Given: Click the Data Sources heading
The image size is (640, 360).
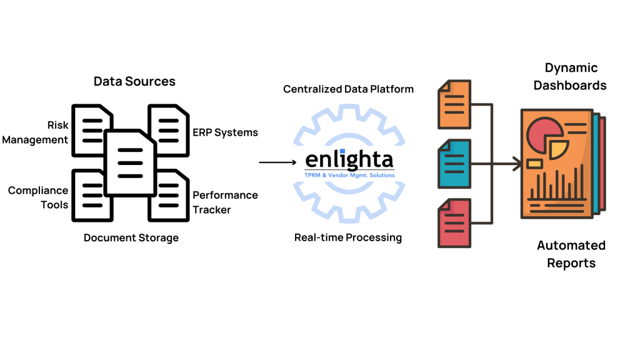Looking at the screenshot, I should [x=134, y=81].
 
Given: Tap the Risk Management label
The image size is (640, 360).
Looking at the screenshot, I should [x=36, y=132].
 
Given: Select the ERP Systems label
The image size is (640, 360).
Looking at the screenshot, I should [x=225, y=132].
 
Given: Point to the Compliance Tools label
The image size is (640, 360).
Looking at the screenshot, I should [x=37, y=197].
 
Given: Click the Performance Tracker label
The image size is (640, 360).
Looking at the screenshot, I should [x=225, y=202].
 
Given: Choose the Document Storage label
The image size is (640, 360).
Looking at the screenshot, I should [x=131, y=237].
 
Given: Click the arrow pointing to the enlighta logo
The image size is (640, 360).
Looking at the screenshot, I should [x=277, y=162].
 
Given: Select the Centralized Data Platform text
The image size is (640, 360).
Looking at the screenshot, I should [x=348, y=89].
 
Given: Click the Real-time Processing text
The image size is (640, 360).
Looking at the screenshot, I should [x=348, y=237].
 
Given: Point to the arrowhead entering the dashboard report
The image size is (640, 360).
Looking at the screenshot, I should [x=516, y=164].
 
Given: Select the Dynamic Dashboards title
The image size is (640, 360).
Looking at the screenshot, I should [x=569, y=76].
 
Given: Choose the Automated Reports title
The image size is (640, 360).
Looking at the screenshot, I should [x=571, y=254].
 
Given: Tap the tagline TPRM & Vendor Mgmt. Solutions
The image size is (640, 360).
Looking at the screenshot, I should [x=349, y=176].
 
